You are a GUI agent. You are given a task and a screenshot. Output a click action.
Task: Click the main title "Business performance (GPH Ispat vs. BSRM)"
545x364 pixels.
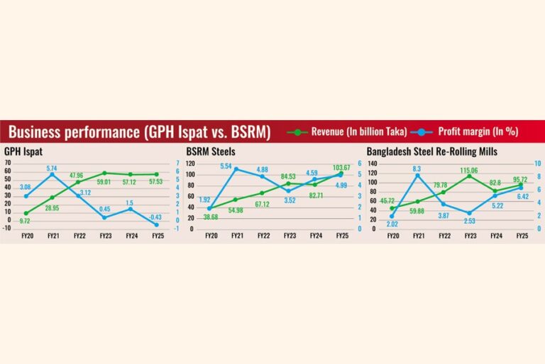tap(139, 132)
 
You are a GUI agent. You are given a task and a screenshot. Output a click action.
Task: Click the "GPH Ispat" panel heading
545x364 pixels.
tap(21, 151)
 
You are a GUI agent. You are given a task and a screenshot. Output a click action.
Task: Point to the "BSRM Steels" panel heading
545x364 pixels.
tap(211, 151)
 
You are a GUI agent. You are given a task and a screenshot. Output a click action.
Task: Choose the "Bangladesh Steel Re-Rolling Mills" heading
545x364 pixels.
tap(431, 151)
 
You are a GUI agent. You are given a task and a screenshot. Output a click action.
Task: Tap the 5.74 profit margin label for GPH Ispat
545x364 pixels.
tap(52, 168)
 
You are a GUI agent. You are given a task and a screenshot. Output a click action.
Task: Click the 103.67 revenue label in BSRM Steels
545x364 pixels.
tap(338, 168)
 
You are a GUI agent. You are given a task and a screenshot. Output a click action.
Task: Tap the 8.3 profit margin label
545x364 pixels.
tap(417, 168)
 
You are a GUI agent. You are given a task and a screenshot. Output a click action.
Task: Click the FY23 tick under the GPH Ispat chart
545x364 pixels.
tap(104, 235)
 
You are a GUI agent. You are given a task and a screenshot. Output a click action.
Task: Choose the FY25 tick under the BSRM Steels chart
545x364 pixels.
tap(341, 235)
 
